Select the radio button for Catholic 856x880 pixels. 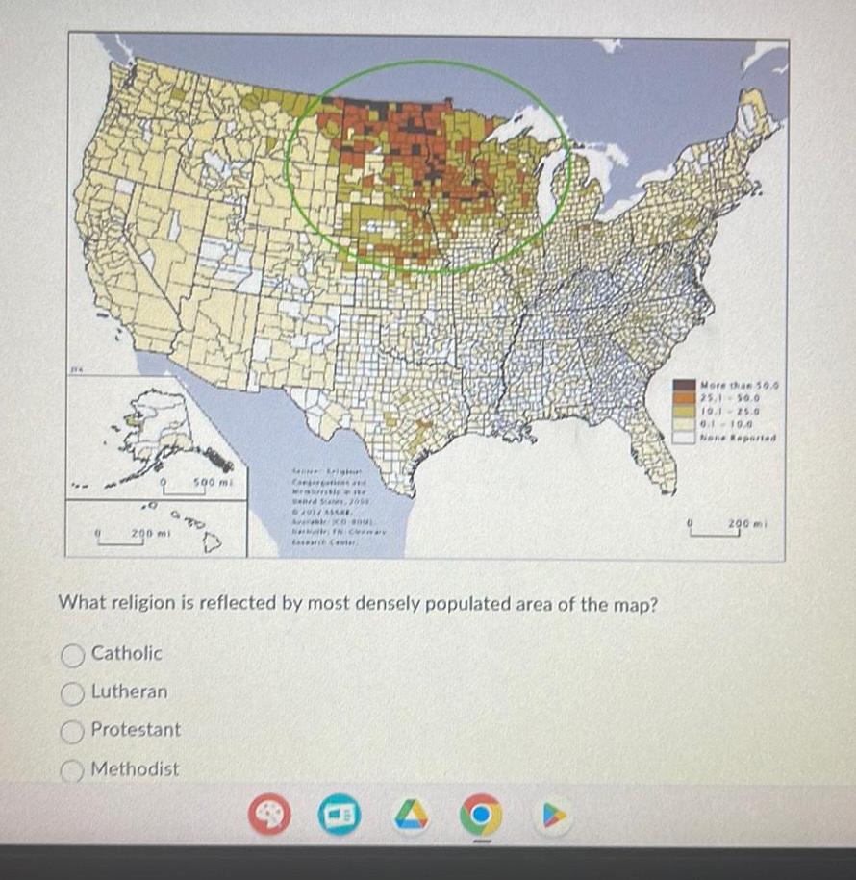point(73,654)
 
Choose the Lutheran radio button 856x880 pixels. point(73,692)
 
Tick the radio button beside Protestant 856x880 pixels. point(73,730)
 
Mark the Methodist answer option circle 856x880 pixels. point(73,769)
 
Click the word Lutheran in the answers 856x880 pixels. point(129,691)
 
